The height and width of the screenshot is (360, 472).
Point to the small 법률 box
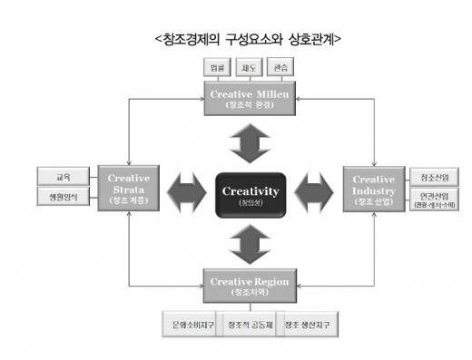click(217, 68)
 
